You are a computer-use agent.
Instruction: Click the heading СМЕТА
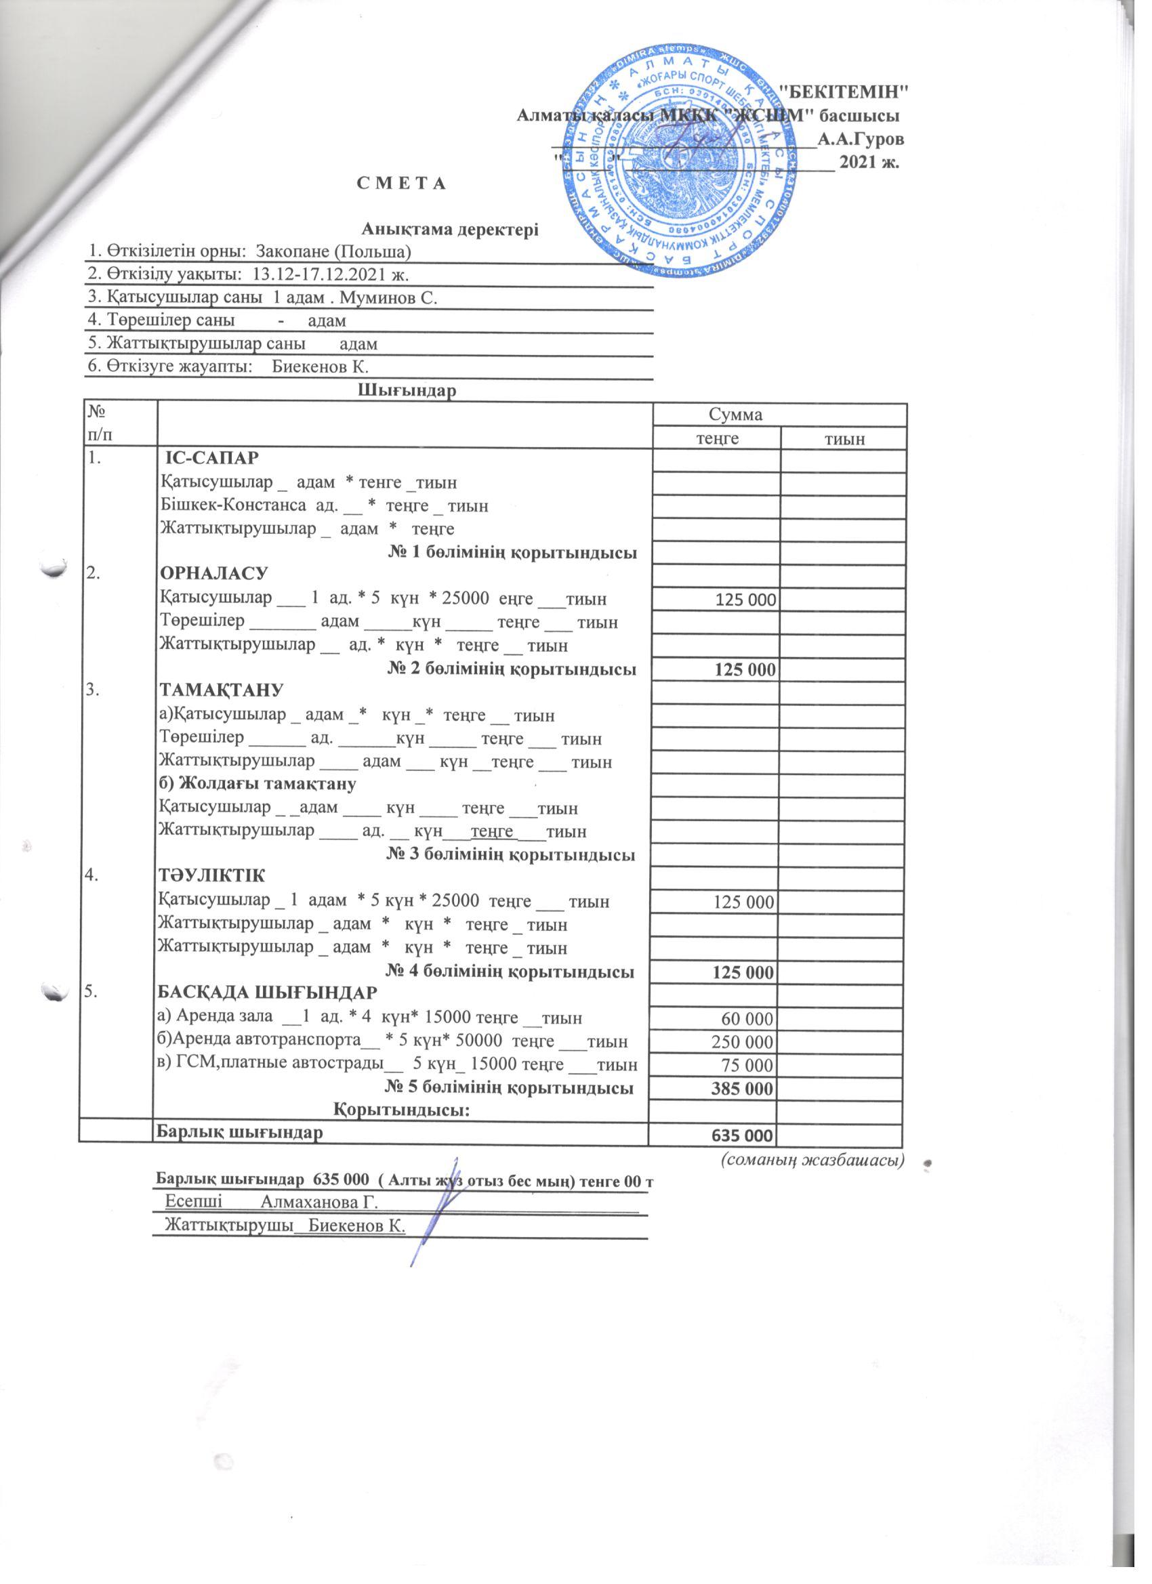400,184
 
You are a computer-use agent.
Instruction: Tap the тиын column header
843,439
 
